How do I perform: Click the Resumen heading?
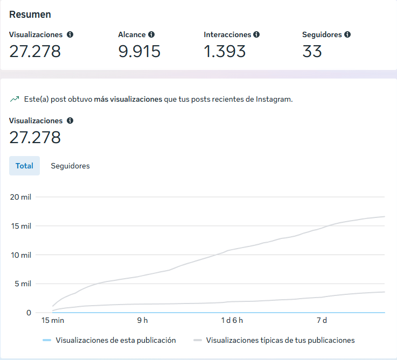[30, 15]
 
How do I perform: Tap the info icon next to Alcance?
[151, 34]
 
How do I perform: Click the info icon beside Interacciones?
[256, 34]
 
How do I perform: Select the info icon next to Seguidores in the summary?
[347, 34]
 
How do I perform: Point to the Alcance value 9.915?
[139, 51]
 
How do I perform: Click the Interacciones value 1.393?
[225, 51]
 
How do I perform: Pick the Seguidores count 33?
[312, 51]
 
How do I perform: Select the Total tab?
[24, 166]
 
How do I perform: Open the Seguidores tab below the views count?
[70, 166]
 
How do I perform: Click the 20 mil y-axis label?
[21, 197]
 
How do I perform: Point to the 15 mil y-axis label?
[21, 226]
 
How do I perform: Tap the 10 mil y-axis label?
[21, 255]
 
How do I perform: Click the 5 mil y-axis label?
[23, 284]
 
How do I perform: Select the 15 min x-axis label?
[53, 320]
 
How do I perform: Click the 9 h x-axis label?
[142, 320]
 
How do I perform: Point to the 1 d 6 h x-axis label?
[232, 320]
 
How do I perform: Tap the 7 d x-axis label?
[322, 320]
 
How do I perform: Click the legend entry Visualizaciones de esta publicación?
[115, 340]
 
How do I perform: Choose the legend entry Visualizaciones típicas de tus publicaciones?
[280, 340]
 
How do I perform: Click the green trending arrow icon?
[15, 100]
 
